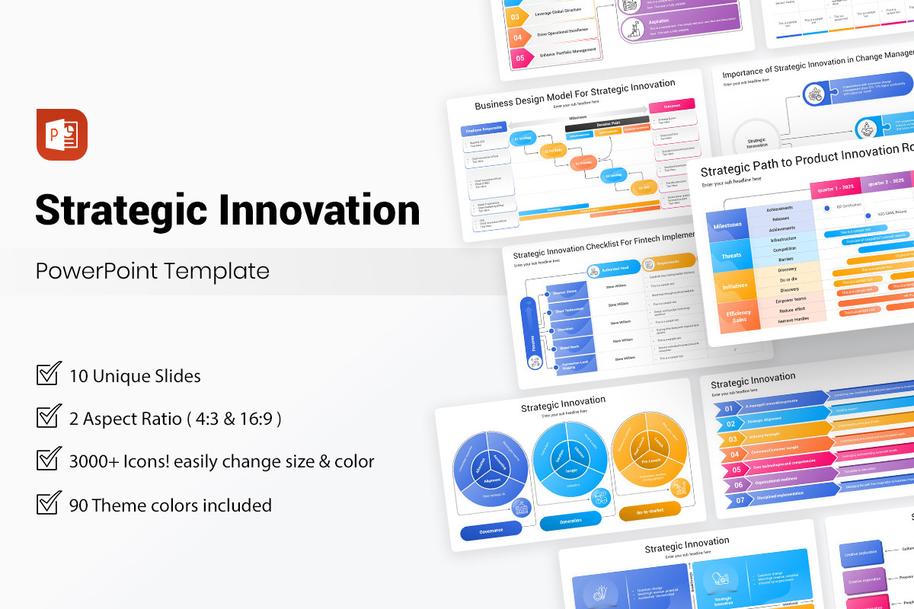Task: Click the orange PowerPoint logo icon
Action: (x=62, y=135)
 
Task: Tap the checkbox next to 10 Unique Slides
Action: (x=49, y=375)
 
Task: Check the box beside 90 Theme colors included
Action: (x=49, y=504)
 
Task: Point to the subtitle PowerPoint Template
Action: (x=152, y=271)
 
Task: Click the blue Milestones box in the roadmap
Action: (x=727, y=225)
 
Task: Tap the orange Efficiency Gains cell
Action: (x=738, y=316)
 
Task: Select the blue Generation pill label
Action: (x=570, y=521)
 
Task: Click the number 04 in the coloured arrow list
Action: (x=734, y=454)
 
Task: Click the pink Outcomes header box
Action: (x=672, y=105)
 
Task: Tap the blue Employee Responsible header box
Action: (x=484, y=130)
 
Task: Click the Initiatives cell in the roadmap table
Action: (x=735, y=286)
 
